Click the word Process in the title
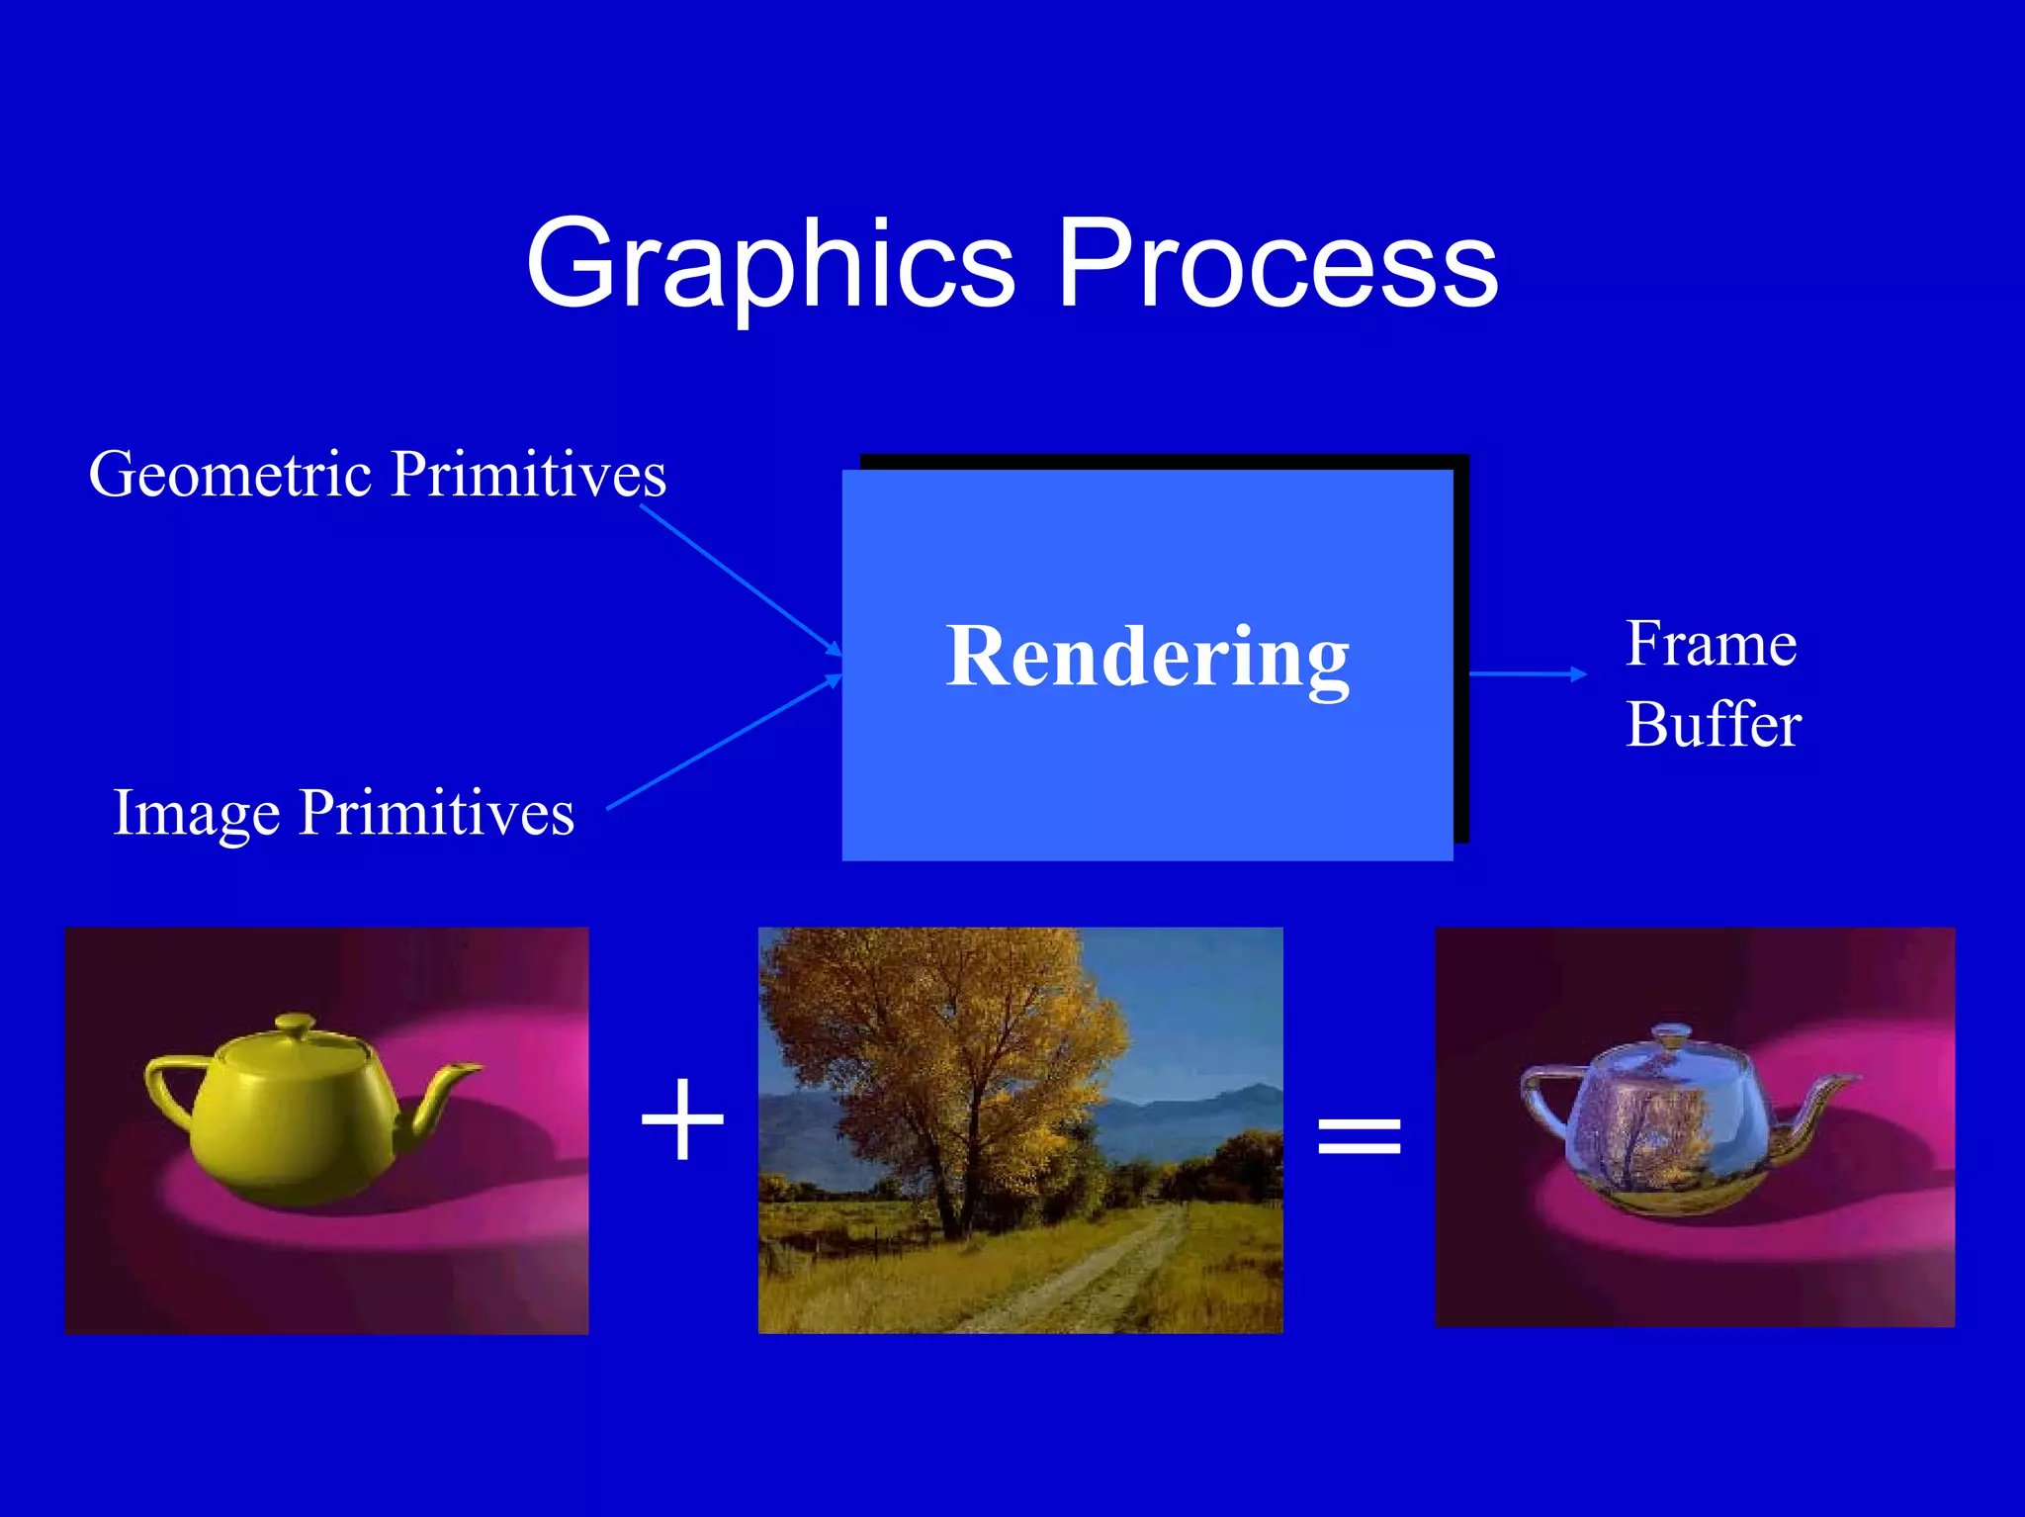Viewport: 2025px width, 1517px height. click(x=1277, y=265)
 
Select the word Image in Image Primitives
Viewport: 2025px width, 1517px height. click(x=196, y=813)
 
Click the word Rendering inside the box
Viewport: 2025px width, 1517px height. click(x=1147, y=657)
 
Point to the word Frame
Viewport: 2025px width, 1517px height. click(x=1711, y=645)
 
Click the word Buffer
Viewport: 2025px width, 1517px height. click(x=1713, y=725)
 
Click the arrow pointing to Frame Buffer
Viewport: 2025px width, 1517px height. click(x=1528, y=673)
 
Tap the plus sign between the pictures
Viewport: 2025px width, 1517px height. click(x=682, y=1119)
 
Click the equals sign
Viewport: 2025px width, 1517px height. click(x=1360, y=1135)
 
